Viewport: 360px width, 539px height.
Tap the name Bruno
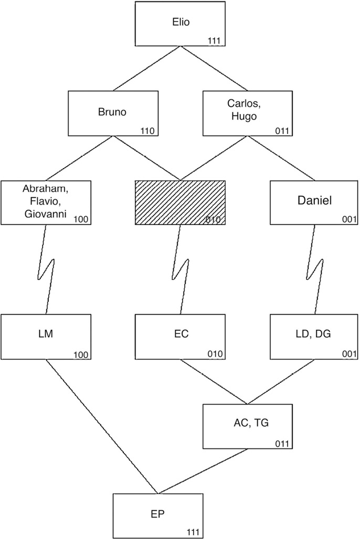(113, 112)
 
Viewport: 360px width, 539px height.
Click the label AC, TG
(246, 424)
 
